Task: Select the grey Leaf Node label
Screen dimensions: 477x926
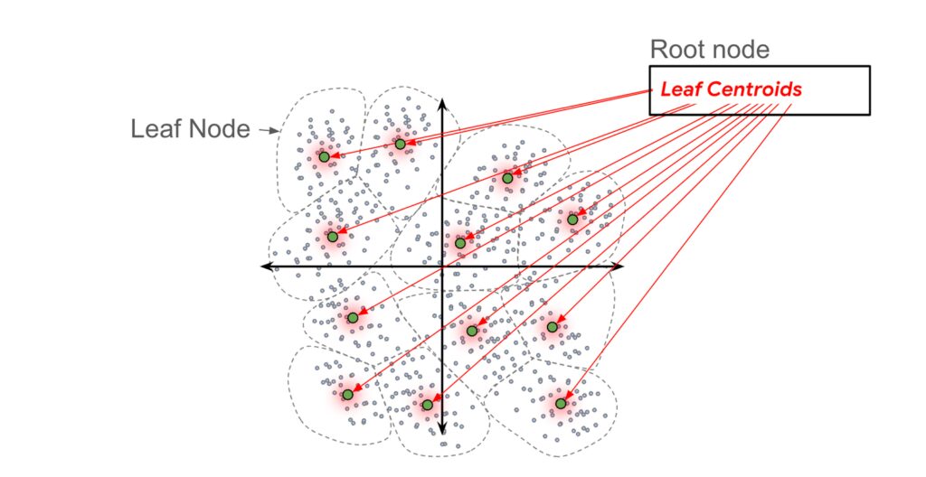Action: tap(190, 129)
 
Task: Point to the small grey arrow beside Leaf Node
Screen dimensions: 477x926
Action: tap(269, 130)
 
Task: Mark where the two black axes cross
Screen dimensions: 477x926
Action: tap(441, 267)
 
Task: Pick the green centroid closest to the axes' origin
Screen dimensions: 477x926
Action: tap(460, 242)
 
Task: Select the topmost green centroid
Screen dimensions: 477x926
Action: tap(400, 144)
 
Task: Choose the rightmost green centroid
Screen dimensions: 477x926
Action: tap(572, 219)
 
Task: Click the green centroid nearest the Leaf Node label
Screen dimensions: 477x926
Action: tap(323, 157)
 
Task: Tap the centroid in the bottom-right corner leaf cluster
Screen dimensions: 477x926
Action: tap(561, 403)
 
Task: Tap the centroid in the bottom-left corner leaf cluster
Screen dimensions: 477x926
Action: tap(347, 395)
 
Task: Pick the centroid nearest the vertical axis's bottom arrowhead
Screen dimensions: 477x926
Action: tap(428, 405)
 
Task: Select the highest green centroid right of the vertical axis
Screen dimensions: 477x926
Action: tap(507, 178)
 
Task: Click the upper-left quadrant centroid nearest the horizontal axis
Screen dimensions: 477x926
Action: tap(332, 237)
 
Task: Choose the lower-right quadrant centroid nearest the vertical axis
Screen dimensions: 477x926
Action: tap(471, 331)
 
